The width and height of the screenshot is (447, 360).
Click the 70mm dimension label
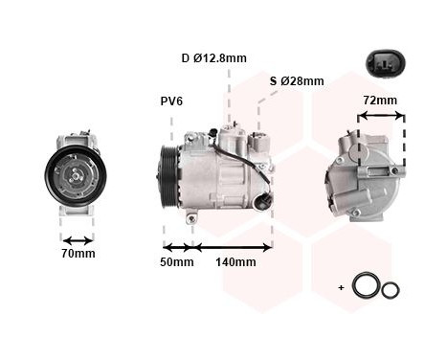(x=78, y=255)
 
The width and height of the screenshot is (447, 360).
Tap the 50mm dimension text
(x=177, y=262)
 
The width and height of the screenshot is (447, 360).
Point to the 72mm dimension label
(x=380, y=101)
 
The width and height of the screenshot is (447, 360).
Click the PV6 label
(x=173, y=101)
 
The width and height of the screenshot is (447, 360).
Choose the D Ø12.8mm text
(x=214, y=58)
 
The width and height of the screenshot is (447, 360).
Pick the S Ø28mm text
(x=296, y=80)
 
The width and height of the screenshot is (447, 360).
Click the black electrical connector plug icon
(x=382, y=65)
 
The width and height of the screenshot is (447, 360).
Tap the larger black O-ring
(x=364, y=285)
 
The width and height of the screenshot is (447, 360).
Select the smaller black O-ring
(x=390, y=289)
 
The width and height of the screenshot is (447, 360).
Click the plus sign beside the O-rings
(x=341, y=287)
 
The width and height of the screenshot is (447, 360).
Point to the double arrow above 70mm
(x=78, y=240)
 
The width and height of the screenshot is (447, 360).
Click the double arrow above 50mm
(x=177, y=246)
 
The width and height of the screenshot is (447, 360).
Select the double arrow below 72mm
(x=380, y=117)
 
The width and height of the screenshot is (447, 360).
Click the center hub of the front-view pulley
(x=76, y=174)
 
